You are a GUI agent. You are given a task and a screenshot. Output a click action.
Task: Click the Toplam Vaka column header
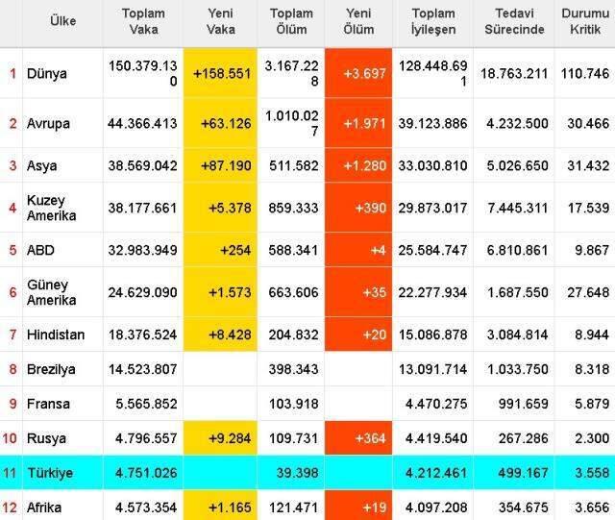(x=143, y=21)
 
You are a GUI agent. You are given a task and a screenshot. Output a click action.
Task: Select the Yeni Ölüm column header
(x=358, y=21)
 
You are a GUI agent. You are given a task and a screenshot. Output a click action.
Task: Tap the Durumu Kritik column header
(x=585, y=21)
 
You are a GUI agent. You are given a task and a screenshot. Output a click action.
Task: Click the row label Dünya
(x=47, y=74)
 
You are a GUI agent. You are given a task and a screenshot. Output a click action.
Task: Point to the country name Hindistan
(x=56, y=334)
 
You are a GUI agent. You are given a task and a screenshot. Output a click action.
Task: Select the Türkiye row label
(x=50, y=473)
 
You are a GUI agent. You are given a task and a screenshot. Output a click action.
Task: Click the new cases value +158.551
(x=222, y=73)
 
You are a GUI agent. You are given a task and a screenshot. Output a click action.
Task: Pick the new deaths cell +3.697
(x=365, y=73)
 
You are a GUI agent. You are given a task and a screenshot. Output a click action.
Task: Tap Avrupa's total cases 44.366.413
(x=142, y=124)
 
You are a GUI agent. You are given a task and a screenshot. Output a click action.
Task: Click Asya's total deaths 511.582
(x=294, y=165)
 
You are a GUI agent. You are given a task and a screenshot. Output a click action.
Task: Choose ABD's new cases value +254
(x=235, y=250)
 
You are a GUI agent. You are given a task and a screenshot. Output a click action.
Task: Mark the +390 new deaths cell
(x=371, y=208)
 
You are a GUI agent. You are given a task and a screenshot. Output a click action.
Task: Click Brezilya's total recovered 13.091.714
(x=433, y=369)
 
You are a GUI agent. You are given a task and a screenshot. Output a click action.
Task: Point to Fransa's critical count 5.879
(x=592, y=404)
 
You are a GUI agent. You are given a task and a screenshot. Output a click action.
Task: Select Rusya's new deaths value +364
(x=371, y=438)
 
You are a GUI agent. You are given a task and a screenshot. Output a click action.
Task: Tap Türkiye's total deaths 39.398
(x=297, y=473)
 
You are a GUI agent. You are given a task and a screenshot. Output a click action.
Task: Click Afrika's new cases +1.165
(x=230, y=508)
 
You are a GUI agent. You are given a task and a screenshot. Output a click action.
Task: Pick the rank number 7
(x=12, y=334)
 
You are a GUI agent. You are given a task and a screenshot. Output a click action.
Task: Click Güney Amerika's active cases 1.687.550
(x=518, y=292)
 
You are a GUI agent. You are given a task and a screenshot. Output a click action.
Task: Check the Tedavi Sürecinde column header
(x=514, y=21)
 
